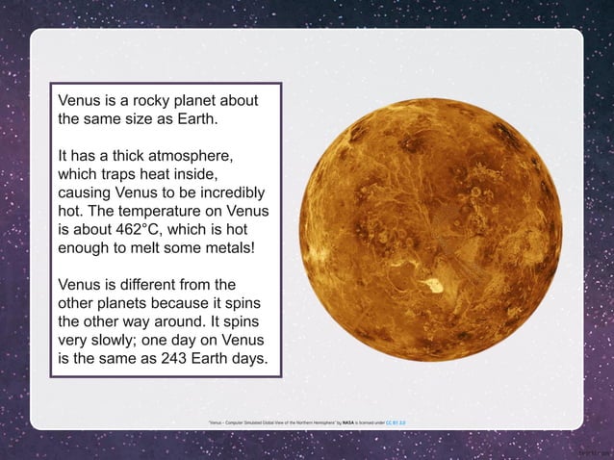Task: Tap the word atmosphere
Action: [192, 155]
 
